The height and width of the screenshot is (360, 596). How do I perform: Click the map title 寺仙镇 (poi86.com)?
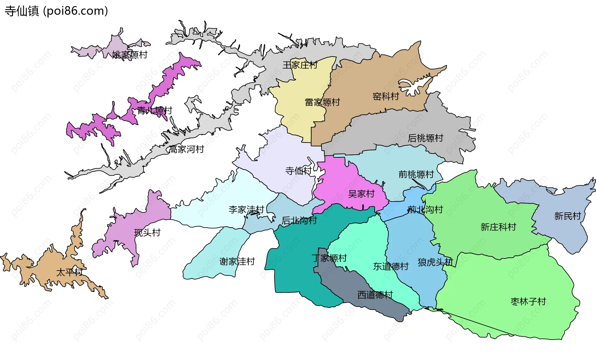click(x=56, y=11)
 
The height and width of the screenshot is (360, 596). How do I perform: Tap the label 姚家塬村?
click(x=130, y=55)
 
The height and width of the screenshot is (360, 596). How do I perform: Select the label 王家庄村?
click(x=300, y=65)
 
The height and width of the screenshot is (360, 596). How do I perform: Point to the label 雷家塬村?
click(x=322, y=102)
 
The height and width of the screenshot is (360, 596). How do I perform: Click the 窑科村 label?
click(x=386, y=97)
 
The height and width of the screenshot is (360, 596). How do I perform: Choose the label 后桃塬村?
click(x=425, y=138)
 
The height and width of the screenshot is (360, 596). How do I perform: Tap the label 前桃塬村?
click(x=416, y=175)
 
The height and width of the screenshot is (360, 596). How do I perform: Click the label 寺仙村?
click(x=298, y=171)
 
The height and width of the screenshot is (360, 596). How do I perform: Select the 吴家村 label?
click(x=361, y=194)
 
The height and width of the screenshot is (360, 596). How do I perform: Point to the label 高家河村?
click(x=186, y=149)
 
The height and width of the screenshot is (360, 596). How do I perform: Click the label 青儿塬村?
click(x=155, y=111)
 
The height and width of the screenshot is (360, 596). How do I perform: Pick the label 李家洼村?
click(x=246, y=210)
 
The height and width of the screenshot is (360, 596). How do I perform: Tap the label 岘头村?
click(x=147, y=233)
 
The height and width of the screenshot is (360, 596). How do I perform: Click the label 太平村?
click(x=69, y=272)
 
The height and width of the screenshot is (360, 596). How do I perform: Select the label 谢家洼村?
click(x=237, y=262)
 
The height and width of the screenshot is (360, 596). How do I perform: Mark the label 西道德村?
click(x=375, y=295)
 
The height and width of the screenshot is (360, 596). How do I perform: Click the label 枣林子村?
click(x=528, y=302)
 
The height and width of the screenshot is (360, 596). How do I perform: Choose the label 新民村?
click(x=567, y=216)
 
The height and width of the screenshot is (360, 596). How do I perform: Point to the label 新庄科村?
click(x=498, y=227)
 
